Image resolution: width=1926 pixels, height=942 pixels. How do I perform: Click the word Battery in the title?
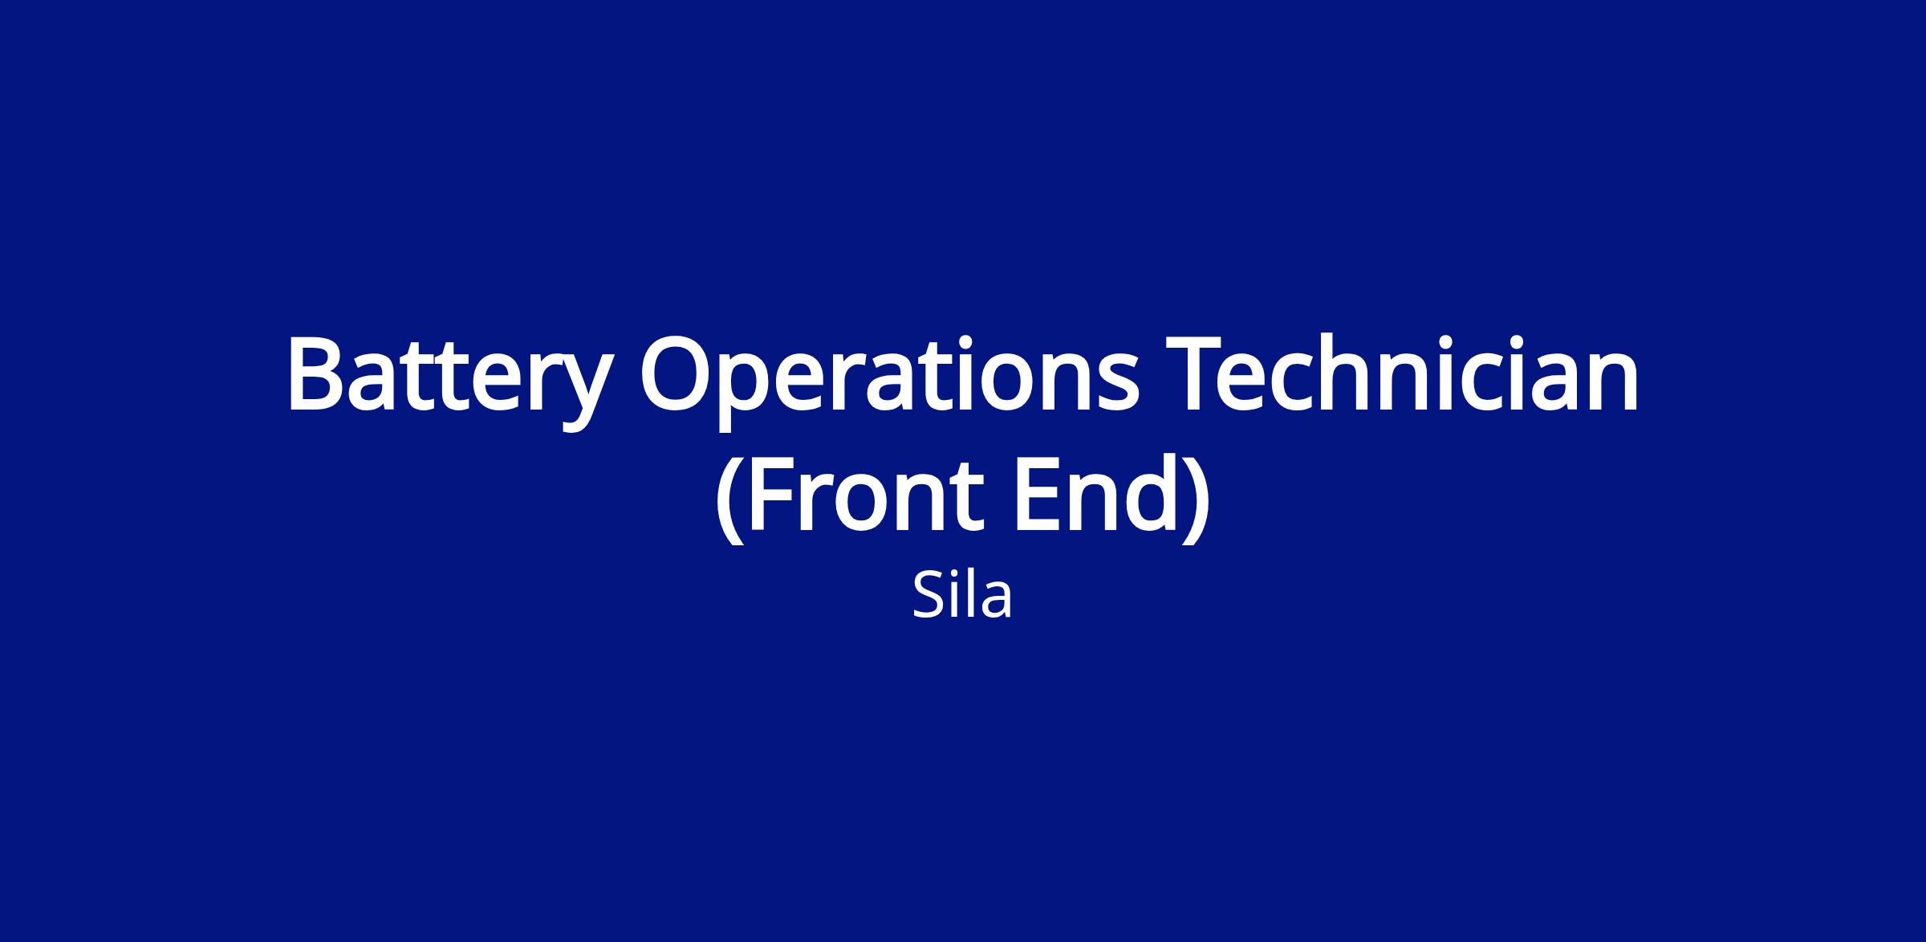pos(449,382)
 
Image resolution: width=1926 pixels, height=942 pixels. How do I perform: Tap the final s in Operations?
pos(1116,385)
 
